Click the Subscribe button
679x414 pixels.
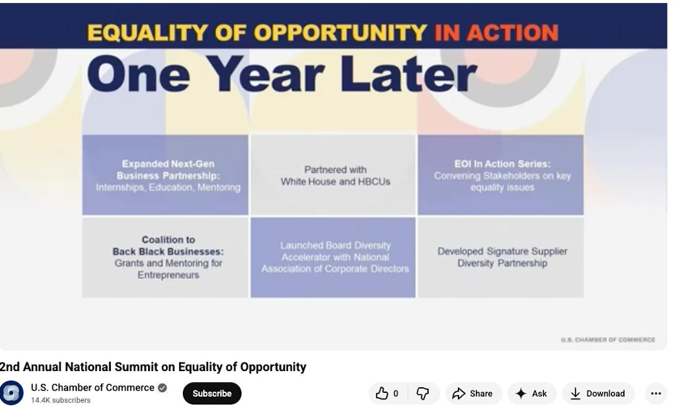point(212,393)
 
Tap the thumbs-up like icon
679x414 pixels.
point(382,393)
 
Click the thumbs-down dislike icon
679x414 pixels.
point(423,393)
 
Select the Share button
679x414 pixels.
point(473,393)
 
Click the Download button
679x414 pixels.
point(598,393)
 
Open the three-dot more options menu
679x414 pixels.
point(656,393)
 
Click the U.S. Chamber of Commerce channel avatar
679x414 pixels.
point(12,393)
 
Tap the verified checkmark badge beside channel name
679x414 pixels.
point(162,388)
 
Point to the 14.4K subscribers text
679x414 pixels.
point(61,400)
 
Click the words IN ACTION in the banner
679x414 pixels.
point(496,33)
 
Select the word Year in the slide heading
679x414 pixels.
point(268,74)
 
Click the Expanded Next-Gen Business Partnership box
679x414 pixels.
point(165,175)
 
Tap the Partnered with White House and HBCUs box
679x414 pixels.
point(333,175)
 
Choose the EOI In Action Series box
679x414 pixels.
point(501,175)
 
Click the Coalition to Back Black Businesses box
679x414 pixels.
point(165,258)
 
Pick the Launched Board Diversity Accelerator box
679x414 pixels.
point(333,258)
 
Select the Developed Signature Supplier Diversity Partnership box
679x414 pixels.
point(501,258)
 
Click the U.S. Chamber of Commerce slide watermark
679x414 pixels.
point(608,339)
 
